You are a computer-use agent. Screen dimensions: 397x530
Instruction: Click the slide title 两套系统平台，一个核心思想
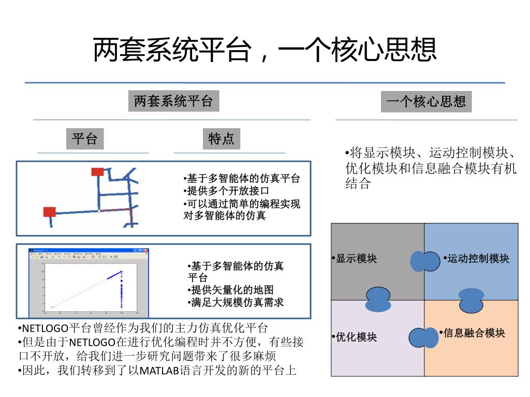[x=264, y=50]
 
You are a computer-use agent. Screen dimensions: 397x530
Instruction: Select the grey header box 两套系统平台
[x=173, y=101]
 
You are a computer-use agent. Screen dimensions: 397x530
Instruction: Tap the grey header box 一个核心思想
[x=426, y=101]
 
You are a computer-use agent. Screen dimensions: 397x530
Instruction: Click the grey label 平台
[x=84, y=139]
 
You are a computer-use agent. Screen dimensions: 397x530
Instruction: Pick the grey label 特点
[x=221, y=139]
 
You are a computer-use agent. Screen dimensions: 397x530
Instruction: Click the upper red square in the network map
[x=97, y=172]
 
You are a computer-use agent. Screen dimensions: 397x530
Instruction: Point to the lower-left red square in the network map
[x=50, y=211]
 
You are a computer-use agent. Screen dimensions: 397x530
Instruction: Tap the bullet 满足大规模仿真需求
[x=237, y=302]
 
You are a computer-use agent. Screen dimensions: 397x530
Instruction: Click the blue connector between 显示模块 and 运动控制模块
[x=424, y=261]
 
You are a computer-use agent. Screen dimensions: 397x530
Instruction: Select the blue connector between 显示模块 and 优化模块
[x=378, y=299]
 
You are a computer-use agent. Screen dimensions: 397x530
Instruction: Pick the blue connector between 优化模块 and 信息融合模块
[x=424, y=338]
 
